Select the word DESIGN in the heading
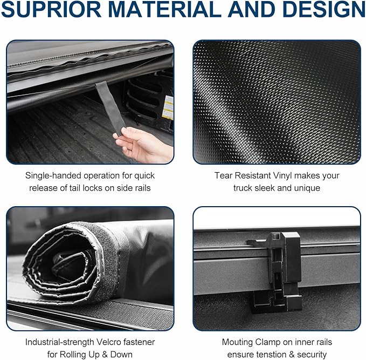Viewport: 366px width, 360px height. [319, 11]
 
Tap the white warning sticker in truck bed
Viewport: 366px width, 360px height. [168, 107]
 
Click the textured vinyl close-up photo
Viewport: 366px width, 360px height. [277, 102]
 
